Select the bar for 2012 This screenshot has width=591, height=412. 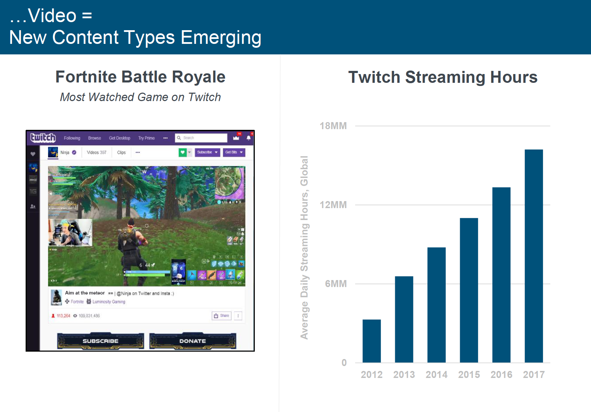[371, 341]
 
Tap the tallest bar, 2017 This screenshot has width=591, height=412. [533, 256]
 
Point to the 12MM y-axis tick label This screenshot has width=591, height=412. [333, 205]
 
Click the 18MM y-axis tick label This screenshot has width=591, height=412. [333, 126]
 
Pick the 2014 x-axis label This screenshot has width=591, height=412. [436, 375]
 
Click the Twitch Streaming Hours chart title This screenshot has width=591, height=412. [443, 77]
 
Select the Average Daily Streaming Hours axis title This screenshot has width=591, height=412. [304, 247]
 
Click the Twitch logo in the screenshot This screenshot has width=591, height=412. [43, 138]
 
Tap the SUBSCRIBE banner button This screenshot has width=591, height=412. [100, 341]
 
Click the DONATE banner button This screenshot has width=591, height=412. [192, 341]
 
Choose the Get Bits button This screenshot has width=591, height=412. [234, 152]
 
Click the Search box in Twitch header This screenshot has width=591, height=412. [201, 138]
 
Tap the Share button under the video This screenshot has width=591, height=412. [221, 315]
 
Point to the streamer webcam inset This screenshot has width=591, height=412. [70, 233]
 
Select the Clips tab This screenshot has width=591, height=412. [121, 152]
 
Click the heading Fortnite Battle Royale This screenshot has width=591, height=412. [140, 77]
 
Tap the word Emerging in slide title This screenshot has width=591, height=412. [221, 38]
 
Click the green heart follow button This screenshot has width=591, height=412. [182, 152]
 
